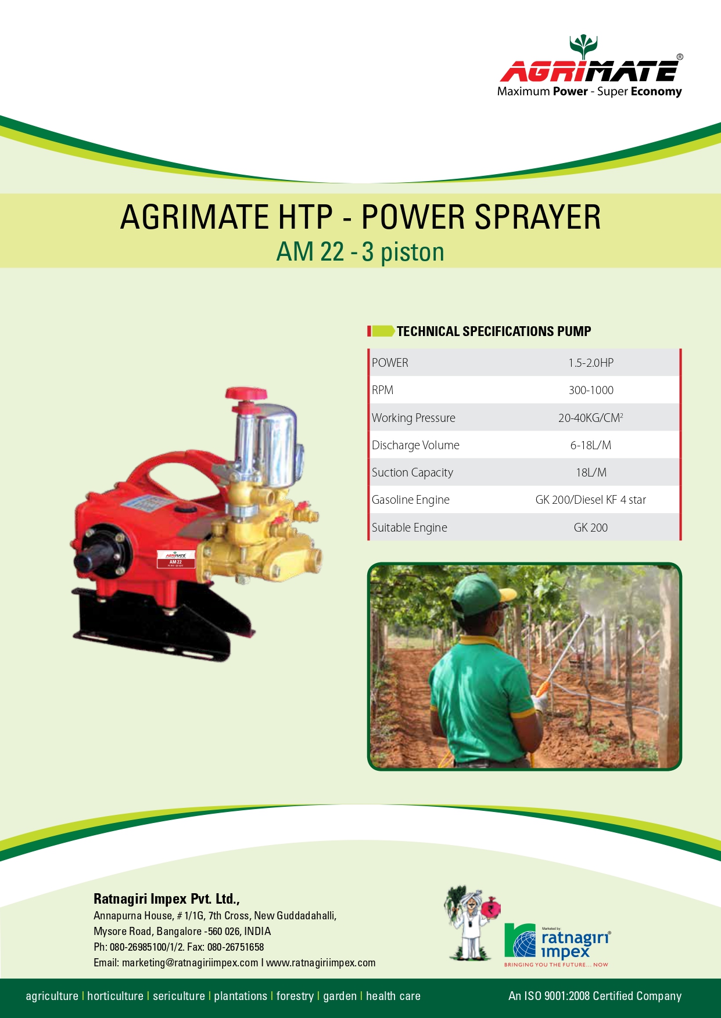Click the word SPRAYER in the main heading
tap(537, 218)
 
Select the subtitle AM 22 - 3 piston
tap(360, 252)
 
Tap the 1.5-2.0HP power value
tap(591, 363)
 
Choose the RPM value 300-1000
tap(591, 390)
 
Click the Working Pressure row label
tap(414, 418)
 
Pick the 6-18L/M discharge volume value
tap(591, 445)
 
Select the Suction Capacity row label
tap(412, 472)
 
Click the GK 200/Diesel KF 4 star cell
tap(591, 500)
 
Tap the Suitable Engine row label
tap(410, 528)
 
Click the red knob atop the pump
tap(246, 395)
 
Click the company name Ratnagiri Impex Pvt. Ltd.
tap(167, 899)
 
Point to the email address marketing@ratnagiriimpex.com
tap(190, 963)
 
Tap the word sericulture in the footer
tap(179, 996)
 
